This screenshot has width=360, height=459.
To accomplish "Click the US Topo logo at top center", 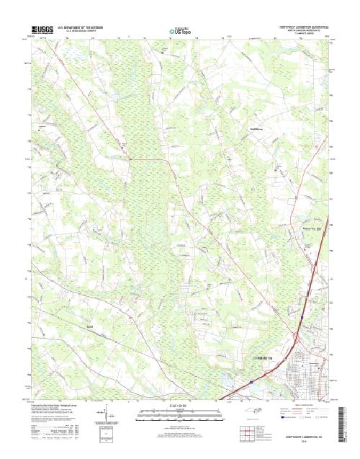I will pos(180,31).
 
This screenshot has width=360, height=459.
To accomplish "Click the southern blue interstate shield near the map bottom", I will pos(250,375).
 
